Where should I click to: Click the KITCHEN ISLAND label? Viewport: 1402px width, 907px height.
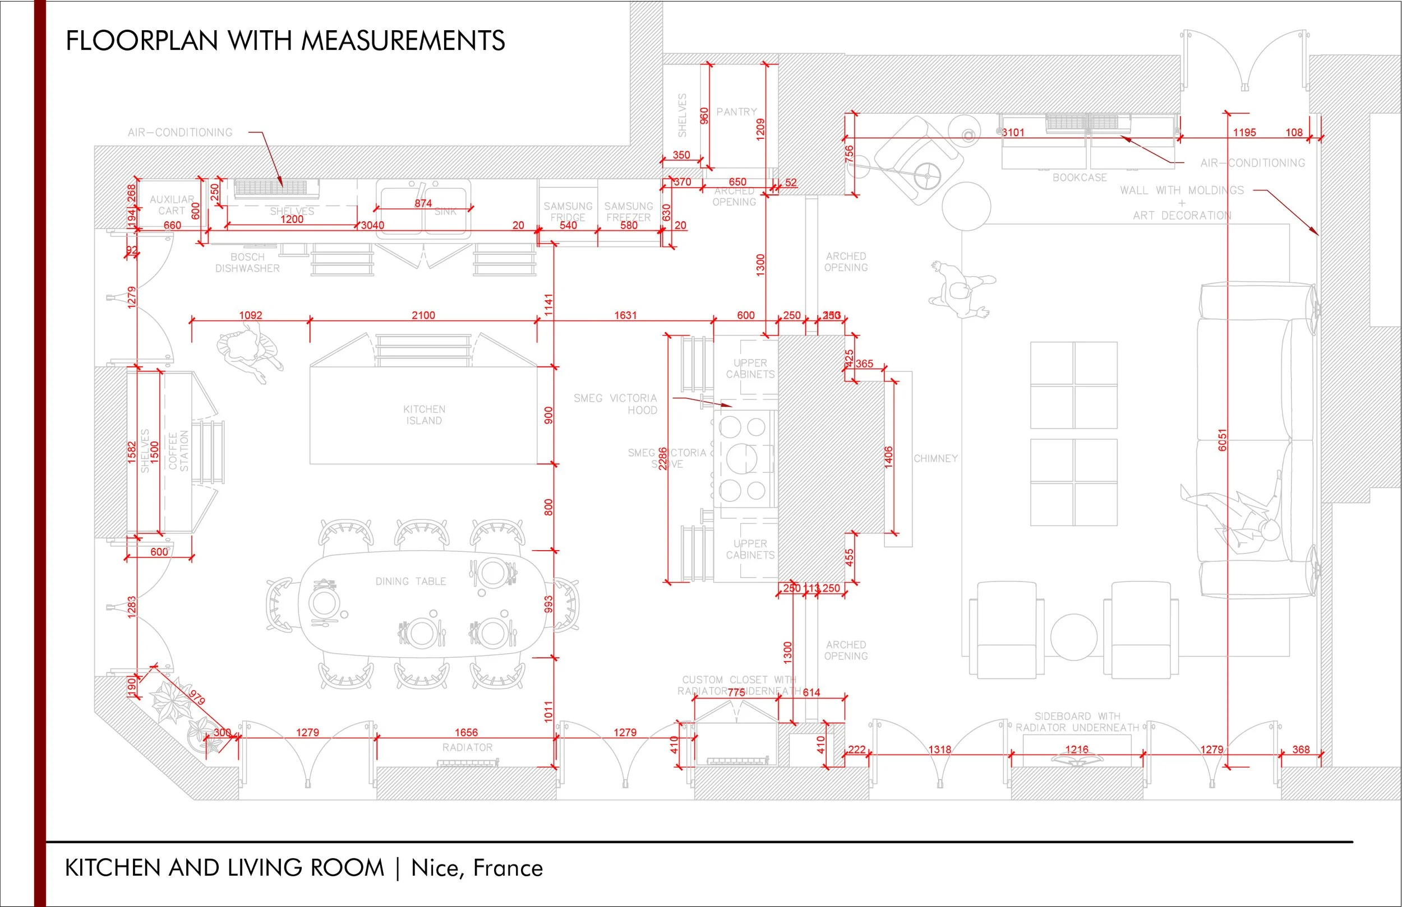[423, 415]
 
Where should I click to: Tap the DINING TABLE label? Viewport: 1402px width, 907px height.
[411, 582]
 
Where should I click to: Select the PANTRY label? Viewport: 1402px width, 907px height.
[736, 112]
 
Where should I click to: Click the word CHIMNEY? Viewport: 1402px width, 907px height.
[935, 458]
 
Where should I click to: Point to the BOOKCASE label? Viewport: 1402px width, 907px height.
[1080, 177]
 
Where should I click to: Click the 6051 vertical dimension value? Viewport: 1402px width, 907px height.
[1223, 440]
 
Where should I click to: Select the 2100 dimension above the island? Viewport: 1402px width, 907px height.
[423, 315]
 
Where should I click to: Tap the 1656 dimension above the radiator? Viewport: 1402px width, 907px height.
[466, 732]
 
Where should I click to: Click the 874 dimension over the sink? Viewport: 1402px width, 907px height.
[423, 203]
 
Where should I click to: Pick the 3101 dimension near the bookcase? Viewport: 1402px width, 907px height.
[1013, 132]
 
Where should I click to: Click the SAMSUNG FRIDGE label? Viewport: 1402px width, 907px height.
[568, 211]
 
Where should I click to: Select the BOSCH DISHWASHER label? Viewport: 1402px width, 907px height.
[247, 263]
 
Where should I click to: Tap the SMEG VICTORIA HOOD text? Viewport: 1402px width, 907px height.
[616, 404]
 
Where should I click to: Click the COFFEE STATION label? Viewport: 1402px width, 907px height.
[178, 451]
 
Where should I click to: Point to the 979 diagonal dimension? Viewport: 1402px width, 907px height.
[197, 697]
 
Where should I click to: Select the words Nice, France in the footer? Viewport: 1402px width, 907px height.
[477, 868]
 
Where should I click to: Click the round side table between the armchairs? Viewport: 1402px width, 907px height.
[1073, 637]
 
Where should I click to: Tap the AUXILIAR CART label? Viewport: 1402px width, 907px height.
[172, 205]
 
